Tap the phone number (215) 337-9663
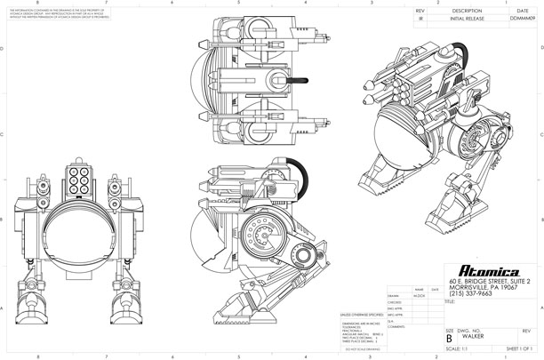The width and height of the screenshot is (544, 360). [474, 293]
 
